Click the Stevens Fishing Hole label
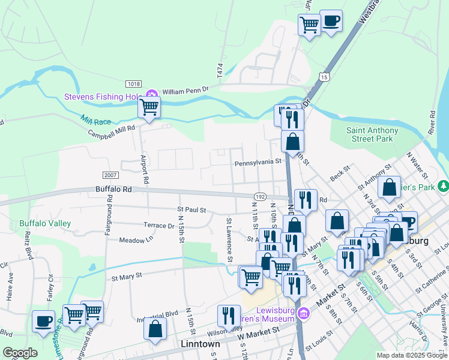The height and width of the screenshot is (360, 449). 103,97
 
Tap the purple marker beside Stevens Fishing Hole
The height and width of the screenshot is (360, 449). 152,95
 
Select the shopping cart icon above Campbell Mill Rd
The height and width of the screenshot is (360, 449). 149,108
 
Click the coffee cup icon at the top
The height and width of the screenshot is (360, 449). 331,22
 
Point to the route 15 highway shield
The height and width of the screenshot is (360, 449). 324,77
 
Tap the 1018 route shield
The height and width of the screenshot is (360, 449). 133,83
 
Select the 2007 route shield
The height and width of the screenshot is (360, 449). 110,175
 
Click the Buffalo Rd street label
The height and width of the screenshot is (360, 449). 113,188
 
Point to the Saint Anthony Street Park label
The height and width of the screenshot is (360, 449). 372,135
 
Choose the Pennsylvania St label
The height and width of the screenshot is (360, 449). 258,162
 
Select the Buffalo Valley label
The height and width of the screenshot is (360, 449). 45,223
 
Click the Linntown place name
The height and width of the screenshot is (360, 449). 200,344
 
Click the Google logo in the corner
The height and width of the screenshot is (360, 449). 20,353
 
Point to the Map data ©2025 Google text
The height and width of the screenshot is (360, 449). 411,355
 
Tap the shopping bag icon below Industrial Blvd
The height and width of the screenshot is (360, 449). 155,329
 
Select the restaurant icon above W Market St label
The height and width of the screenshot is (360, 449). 228,315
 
